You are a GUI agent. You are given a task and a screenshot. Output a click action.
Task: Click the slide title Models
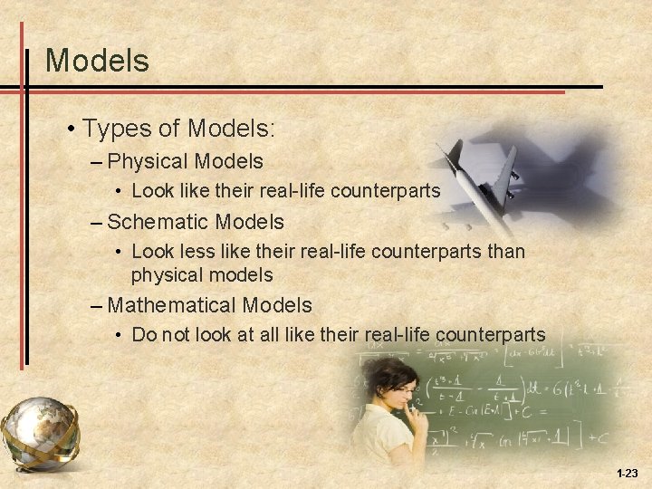coord(97,61)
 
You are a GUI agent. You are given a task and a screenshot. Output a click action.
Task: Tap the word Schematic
coord(155,222)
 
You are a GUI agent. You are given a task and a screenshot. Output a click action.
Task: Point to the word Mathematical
coord(171,306)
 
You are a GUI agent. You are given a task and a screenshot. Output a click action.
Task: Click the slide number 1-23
coord(627,474)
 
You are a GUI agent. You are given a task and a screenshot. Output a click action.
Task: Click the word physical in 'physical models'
coord(167,274)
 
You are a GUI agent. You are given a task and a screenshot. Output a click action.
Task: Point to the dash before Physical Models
coord(96,163)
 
